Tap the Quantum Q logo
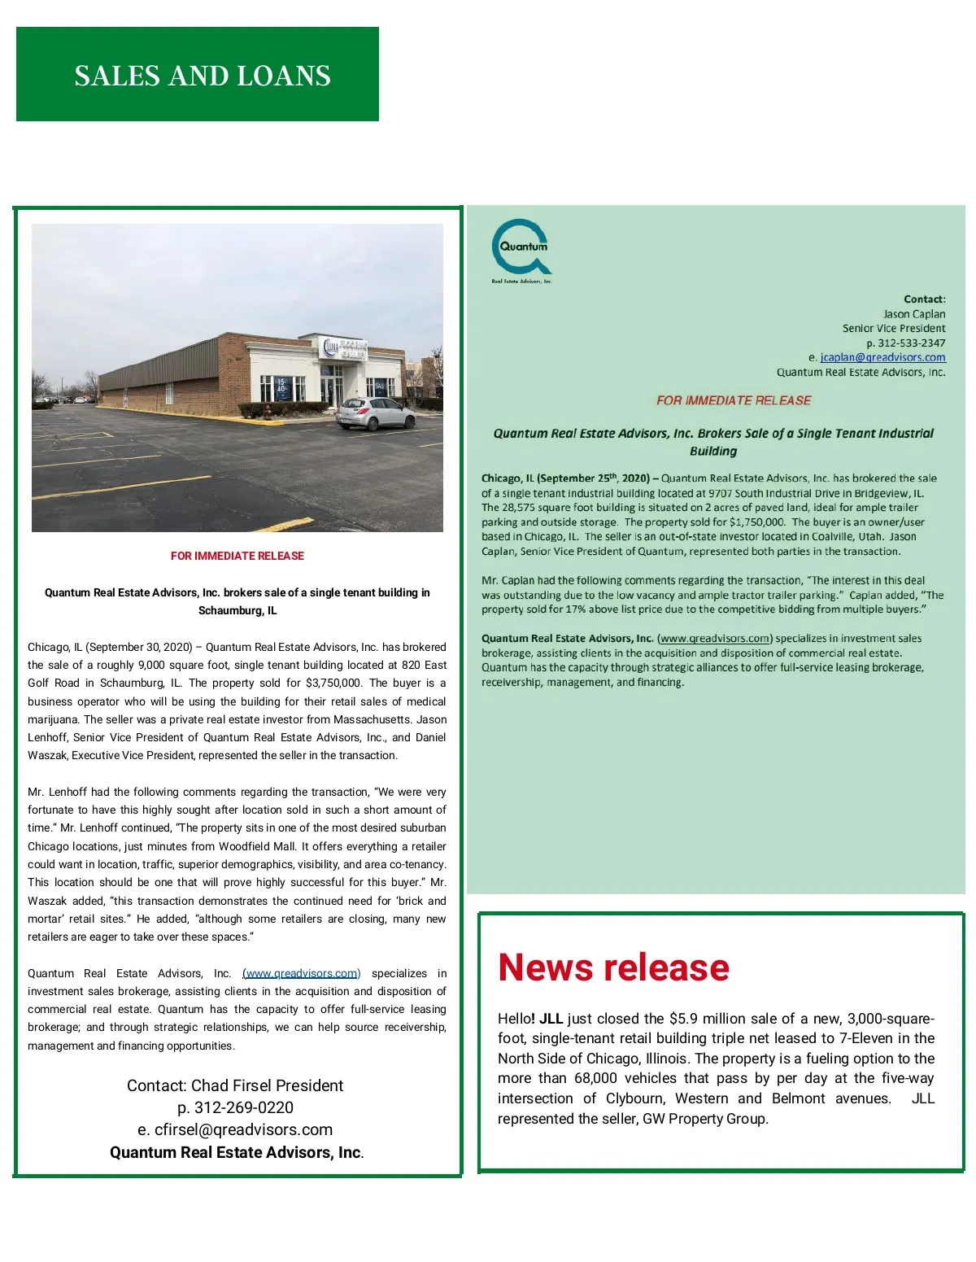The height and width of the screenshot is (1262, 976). tap(521, 247)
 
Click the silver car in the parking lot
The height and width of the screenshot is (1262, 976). tap(375, 413)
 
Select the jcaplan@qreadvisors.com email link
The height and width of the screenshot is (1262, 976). tap(882, 357)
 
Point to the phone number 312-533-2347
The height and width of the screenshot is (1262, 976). tap(911, 343)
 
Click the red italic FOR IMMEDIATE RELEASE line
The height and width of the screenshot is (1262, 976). tap(734, 400)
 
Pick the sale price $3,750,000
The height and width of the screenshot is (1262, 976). tap(333, 683)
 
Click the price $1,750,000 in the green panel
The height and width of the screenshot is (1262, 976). tap(756, 522)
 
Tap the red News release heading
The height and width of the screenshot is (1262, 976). tap(613, 967)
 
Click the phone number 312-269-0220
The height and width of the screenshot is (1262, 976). tap(243, 1107)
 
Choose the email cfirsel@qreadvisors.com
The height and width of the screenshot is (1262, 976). tap(243, 1129)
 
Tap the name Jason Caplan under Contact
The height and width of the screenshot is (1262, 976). tap(914, 314)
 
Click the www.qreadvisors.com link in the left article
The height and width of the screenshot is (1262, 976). tap(301, 973)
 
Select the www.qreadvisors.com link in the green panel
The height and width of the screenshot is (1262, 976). tap(715, 639)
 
